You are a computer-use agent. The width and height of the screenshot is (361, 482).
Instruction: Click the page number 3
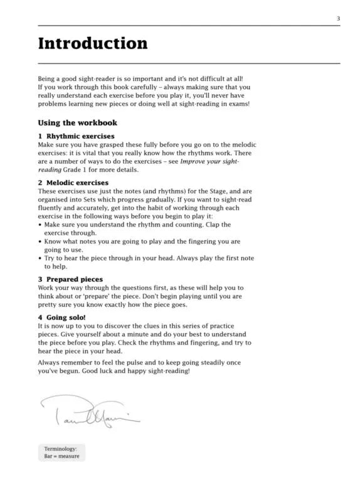pos(338,19)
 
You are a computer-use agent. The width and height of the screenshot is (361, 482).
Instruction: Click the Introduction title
pos(93,43)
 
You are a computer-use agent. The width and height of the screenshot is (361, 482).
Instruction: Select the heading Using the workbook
pos(77,123)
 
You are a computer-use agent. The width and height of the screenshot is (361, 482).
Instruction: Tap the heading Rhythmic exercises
pos(80,136)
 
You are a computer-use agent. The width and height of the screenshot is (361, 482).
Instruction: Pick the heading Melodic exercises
pos(77,183)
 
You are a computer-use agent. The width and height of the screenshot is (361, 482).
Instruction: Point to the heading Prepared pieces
pos(75,279)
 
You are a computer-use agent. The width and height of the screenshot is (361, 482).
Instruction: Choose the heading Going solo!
pos(66,318)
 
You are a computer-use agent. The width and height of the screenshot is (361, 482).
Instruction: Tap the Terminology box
pos(61,453)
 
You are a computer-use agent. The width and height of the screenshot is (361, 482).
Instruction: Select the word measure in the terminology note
pos(70,457)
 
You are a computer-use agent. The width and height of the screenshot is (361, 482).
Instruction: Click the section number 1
pos(40,136)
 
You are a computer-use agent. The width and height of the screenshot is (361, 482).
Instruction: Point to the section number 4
pos(40,318)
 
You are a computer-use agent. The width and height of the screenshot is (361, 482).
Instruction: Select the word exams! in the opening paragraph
pos(238,104)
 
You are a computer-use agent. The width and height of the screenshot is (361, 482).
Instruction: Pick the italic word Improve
pos(194,161)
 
